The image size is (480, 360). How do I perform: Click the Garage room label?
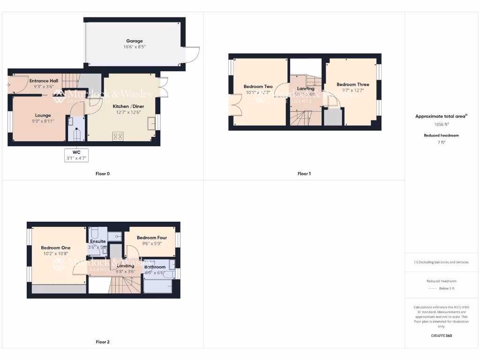(x=134, y=41)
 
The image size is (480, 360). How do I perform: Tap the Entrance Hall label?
(x=44, y=81)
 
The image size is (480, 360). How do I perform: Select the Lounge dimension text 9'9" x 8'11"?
(x=43, y=121)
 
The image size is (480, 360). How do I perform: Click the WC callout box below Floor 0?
(x=76, y=155)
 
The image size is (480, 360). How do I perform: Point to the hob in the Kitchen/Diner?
(x=118, y=136)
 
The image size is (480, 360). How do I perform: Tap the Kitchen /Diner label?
(x=128, y=106)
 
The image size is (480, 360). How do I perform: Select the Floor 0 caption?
(x=103, y=174)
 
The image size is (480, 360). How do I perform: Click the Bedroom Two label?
(x=258, y=87)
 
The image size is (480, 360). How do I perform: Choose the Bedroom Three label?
(x=352, y=85)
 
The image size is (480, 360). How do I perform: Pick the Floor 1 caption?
(x=304, y=174)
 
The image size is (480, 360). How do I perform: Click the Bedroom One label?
(x=55, y=248)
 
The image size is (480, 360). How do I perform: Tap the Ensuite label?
(x=98, y=241)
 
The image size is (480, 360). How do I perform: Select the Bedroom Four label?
(x=152, y=238)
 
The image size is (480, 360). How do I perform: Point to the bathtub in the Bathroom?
(x=158, y=285)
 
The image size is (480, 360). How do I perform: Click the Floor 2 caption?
(x=103, y=342)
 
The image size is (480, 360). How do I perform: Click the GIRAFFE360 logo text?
(x=442, y=336)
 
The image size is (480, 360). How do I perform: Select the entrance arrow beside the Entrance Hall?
(x=8, y=85)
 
